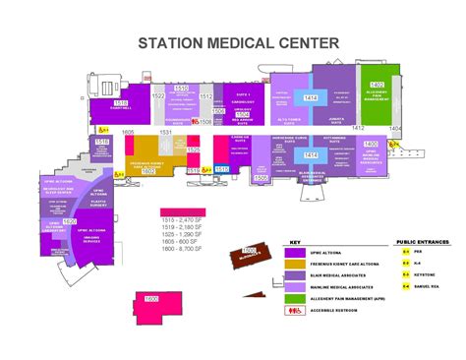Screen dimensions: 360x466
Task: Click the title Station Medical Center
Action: coord(239,42)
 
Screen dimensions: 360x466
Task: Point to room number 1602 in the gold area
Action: coord(148,169)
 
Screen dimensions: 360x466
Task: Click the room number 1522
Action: coord(158,96)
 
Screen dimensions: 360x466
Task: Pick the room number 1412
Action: coord(358,128)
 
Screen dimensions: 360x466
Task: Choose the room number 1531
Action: coord(167,132)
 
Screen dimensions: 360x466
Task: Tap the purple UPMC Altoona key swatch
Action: coord(293,252)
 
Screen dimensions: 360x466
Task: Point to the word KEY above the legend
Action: coord(294,243)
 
